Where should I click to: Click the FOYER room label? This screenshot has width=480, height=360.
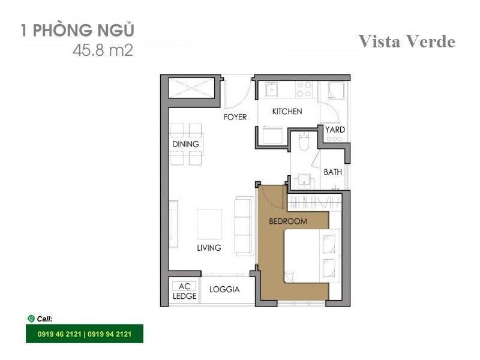click(x=235, y=117)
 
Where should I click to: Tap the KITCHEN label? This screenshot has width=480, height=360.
click(x=287, y=112)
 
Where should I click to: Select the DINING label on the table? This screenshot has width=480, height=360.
click(x=185, y=144)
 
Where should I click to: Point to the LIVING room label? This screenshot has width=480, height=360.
click(x=209, y=248)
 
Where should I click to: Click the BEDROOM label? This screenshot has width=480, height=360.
click(x=288, y=221)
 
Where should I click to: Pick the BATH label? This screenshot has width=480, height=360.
click(x=333, y=172)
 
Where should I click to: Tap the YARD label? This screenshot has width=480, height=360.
click(x=335, y=130)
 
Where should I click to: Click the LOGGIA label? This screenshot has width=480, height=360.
click(x=224, y=289)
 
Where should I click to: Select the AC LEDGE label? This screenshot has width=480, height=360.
click(x=184, y=291)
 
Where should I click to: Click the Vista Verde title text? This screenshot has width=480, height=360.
click(x=407, y=41)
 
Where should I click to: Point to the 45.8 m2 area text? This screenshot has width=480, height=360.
click(x=103, y=50)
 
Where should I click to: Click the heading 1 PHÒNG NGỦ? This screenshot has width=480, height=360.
click(x=77, y=30)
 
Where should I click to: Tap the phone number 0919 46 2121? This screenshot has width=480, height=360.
click(x=59, y=334)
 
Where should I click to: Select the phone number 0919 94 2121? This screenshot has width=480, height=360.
click(x=110, y=334)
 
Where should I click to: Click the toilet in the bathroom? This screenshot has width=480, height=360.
click(x=304, y=141)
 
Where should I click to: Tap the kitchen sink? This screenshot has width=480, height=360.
click(x=271, y=89)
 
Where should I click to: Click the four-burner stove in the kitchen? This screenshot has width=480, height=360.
click(x=304, y=89)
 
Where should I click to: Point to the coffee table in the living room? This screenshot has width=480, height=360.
click(x=209, y=224)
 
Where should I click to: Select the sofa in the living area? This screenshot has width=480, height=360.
click(x=244, y=226)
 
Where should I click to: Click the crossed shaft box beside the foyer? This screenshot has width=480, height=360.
click(x=191, y=88)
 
